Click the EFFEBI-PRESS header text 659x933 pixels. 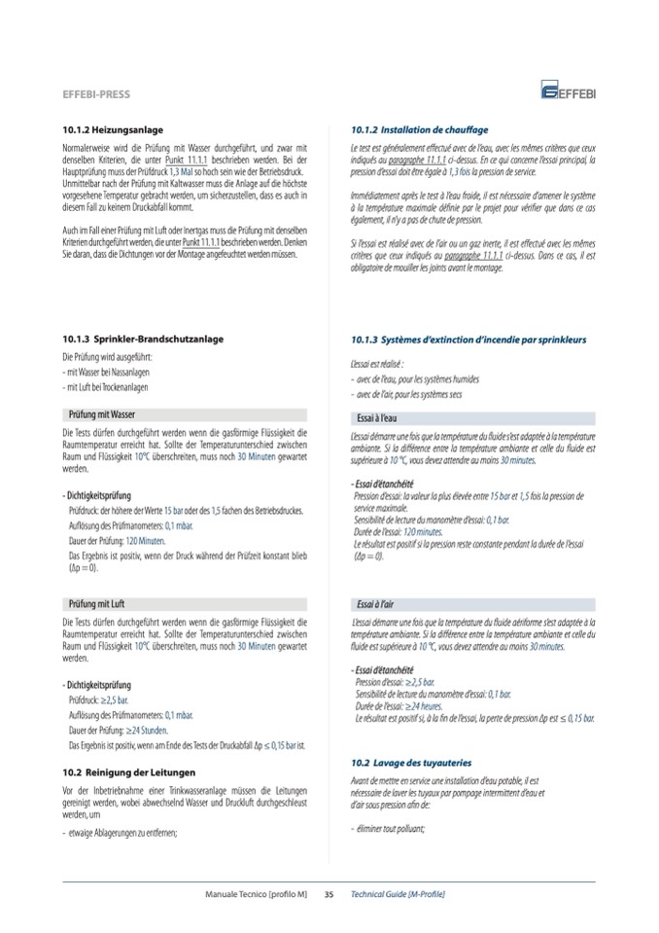pos(95,95)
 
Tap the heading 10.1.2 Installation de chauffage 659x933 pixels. pos(420,129)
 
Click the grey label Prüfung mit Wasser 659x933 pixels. pos(103,413)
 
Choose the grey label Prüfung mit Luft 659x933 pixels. pos(98,604)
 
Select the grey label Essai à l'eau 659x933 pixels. pos(380,417)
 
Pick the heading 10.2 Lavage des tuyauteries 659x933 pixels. pos(411,764)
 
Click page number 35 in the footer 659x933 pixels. pos(329,893)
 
